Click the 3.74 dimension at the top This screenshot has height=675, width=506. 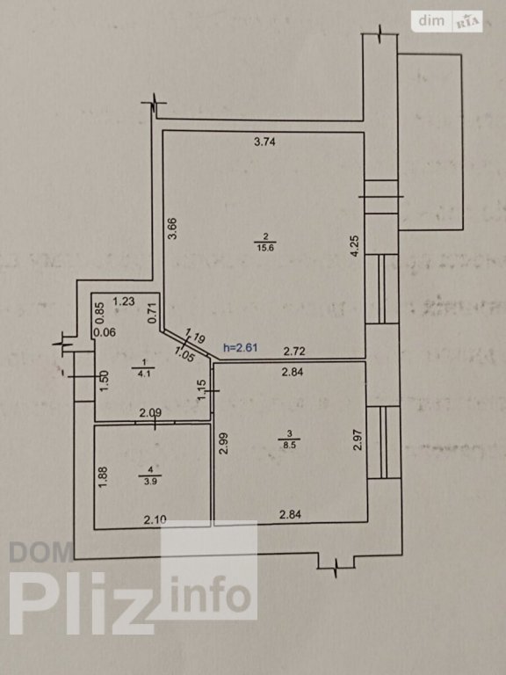point(264,142)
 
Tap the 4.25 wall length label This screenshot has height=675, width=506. point(355,247)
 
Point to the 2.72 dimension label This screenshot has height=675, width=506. point(295,352)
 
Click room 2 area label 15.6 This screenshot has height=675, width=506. point(265,248)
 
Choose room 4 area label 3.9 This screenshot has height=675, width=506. point(150,482)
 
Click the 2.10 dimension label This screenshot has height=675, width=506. point(155,520)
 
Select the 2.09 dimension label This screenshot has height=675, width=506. point(150,413)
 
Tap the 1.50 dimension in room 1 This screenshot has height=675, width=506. point(105,381)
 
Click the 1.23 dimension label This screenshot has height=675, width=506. point(124,301)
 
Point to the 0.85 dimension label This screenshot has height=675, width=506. point(100,313)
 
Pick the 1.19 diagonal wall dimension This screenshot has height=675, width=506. point(196,335)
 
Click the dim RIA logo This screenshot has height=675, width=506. point(446,21)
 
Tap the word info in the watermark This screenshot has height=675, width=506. point(211,594)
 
